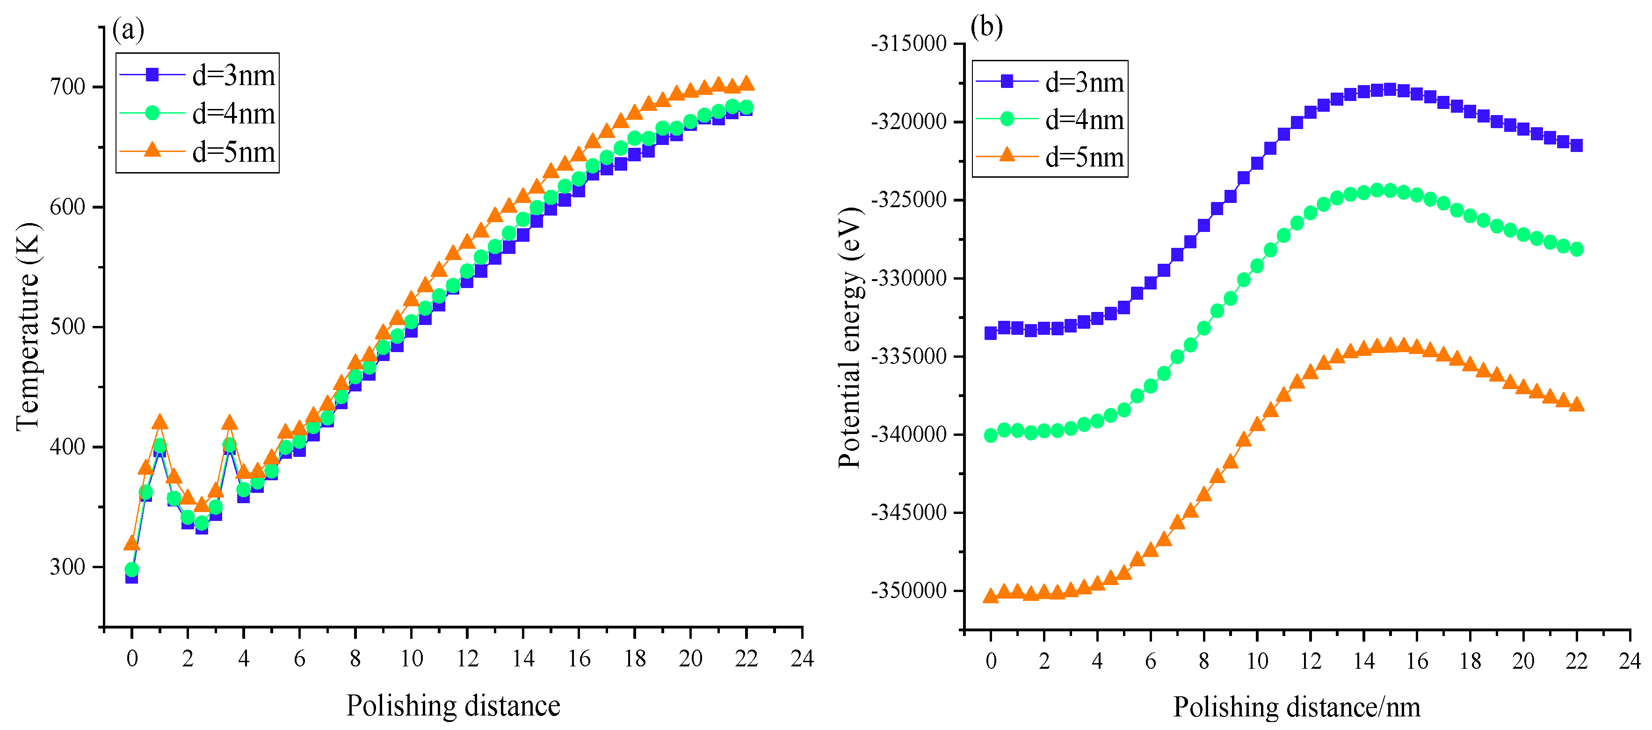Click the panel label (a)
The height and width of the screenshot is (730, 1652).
(128, 29)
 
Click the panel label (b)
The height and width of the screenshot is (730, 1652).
(986, 27)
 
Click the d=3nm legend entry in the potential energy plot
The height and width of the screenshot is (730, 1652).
(1050, 82)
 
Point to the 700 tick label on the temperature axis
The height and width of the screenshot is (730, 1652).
(67, 87)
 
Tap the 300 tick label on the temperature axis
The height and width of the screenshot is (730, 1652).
(67, 567)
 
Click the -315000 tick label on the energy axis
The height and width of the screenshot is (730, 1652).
(909, 43)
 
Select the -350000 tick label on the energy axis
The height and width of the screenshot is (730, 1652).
(909, 591)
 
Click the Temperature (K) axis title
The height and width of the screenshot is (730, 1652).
(27, 327)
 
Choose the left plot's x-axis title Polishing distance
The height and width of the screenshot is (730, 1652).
(453, 706)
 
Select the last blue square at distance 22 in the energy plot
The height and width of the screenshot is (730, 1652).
(1576, 145)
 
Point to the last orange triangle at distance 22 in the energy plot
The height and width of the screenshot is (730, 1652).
(1576, 404)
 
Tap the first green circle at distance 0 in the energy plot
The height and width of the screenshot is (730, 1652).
(991, 435)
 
